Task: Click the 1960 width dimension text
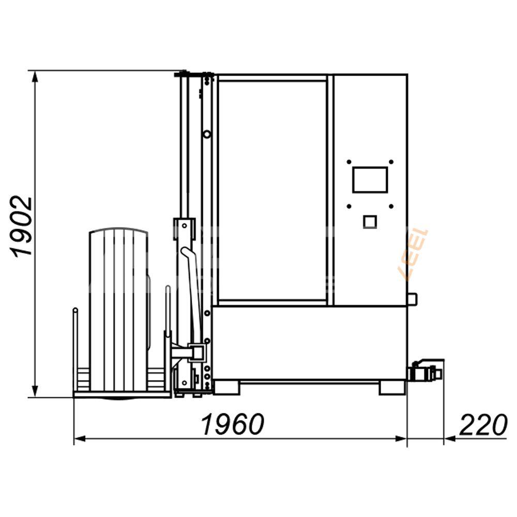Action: coord(233,424)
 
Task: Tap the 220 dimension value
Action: coord(483,424)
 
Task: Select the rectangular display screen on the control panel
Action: coord(370,180)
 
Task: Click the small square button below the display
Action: coord(370,222)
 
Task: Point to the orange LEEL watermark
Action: coord(414,254)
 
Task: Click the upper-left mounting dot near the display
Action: coord(349,162)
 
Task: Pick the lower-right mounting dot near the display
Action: coord(391,206)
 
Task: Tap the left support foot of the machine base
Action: coord(226,387)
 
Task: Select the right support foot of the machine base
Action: coord(392,387)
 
